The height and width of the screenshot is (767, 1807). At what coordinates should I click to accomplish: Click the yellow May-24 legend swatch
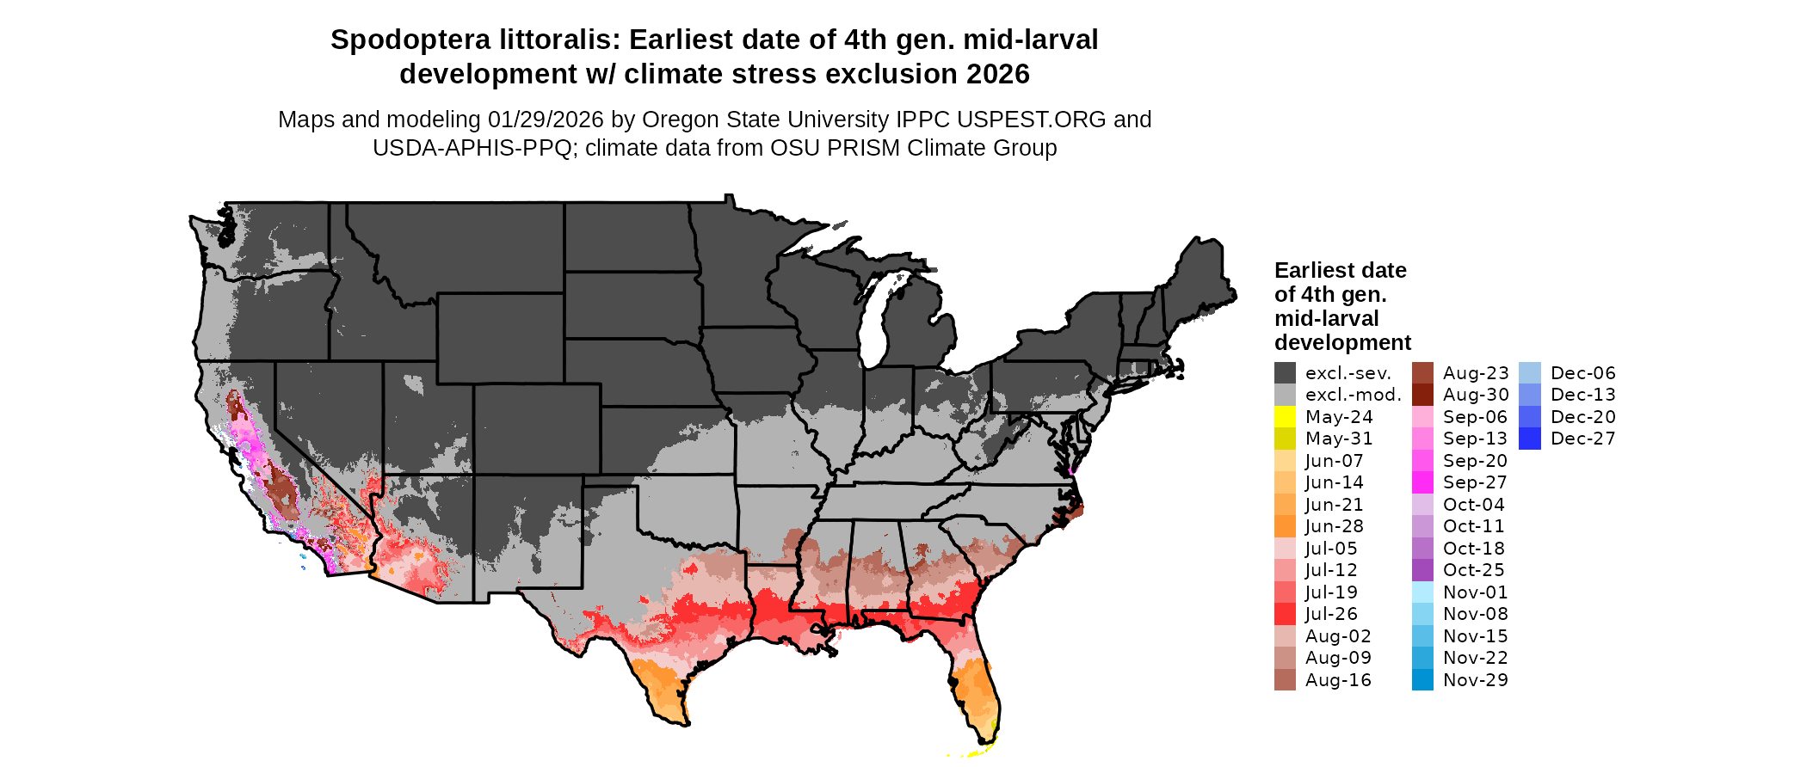point(1285,417)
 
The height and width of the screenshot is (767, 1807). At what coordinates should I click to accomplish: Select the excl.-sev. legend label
point(1348,373)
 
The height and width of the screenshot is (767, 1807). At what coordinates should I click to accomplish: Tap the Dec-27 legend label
point(1582,439)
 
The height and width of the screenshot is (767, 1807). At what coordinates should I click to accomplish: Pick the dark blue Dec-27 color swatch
point(1530,439)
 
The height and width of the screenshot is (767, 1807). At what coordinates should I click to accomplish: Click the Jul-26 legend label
point(1331,614)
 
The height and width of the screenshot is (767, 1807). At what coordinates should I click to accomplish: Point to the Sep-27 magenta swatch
point(1422,482)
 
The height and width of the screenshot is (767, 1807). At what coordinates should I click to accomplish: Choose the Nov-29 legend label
point(1475,680)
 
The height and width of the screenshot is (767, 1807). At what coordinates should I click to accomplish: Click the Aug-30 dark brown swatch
point(1422,395)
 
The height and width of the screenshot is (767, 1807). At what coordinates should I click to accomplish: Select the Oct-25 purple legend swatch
point(1422,570)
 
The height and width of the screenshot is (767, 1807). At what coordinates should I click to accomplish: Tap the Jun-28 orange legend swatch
point(1285,526)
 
